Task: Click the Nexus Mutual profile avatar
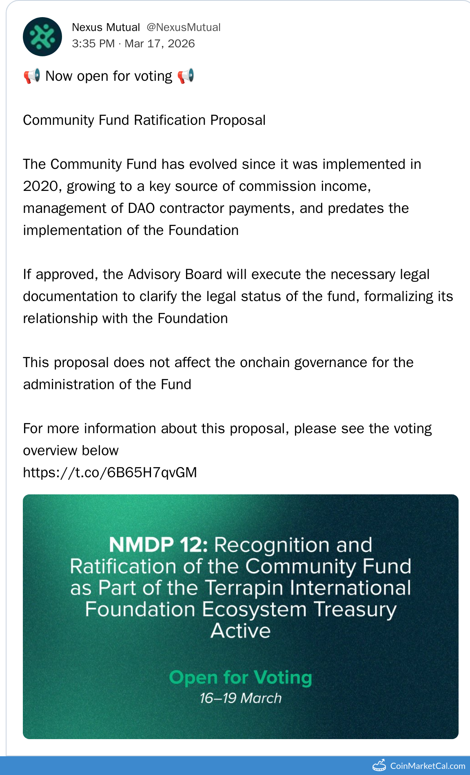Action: [42, 37]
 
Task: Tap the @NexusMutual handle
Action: [184, 27]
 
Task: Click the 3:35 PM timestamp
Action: [93, 44]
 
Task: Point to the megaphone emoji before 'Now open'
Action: [32, 76]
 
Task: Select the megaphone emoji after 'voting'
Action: [186, 76]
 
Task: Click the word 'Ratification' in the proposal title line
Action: [170, 120]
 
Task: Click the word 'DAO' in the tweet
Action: [141, 208]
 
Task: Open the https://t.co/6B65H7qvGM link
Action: [110, 473]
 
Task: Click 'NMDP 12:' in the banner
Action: [158, 545]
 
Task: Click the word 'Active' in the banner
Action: [241, 631]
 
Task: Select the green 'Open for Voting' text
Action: [241, 678]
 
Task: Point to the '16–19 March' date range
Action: [241, 698]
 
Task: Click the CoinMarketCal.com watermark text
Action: [428, 766]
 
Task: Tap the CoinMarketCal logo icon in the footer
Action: [379, 765]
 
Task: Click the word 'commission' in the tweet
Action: [278, 186]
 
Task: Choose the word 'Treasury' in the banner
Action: [355, 610]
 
